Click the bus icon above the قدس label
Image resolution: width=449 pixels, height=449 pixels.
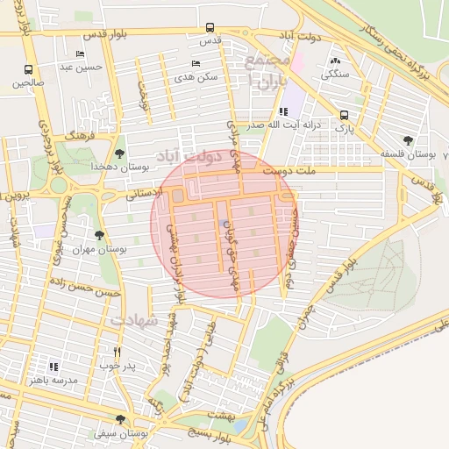[x=209, y=27]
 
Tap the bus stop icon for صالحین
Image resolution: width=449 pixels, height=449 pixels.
[x=29, y=69]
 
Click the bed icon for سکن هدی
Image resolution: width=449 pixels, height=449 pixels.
[x=195, y=63]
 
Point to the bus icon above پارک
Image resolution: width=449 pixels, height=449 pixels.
[x=344, y=113]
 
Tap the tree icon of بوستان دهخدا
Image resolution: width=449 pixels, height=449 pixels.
[x=120, y=141]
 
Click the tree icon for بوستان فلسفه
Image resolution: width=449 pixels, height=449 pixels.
[x=408, y=139]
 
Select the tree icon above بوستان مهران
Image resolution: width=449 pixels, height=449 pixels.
[x=99, y=235]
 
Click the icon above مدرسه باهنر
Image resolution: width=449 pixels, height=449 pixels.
[x=52, y=366]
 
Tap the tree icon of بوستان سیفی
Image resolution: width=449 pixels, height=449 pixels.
[x=120, y=419]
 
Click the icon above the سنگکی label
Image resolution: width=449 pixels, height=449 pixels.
[x=334, y=61]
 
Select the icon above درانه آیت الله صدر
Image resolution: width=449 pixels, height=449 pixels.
[x=282, y=111]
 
